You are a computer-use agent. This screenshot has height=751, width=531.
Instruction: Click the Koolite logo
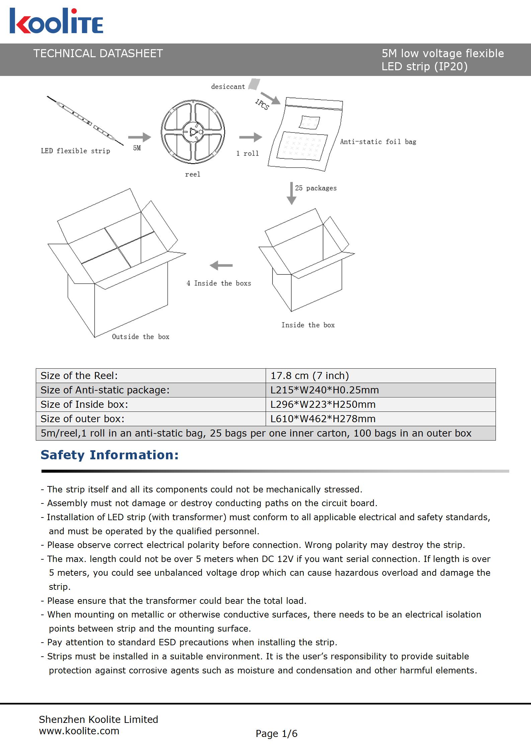[56, 21]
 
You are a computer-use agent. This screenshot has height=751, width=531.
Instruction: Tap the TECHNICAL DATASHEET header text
[98, 54]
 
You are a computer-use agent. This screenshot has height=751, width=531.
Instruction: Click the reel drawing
[193, 132]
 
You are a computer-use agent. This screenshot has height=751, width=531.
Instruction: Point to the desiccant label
[228, 87]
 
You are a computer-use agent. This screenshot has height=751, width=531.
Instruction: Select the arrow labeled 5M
[139, 137]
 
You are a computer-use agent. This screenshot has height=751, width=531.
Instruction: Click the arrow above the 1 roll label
[251, 137]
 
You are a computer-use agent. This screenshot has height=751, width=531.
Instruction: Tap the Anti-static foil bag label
[378, 142]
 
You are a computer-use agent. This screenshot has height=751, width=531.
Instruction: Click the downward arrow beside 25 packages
[291, 193]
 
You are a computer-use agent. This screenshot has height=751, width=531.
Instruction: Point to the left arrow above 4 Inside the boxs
[221, 266]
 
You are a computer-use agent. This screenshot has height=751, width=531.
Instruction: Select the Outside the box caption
[141, 337]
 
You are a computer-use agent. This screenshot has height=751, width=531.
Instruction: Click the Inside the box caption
[308, 325]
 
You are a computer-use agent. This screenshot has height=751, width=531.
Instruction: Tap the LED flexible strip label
[75, 151]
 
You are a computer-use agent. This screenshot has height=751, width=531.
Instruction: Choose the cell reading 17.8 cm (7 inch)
[380, 376]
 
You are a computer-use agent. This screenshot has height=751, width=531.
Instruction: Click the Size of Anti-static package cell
[151, 390]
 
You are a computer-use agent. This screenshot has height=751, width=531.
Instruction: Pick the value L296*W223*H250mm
[323, 404]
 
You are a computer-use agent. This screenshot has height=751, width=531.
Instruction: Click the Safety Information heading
[109, 455]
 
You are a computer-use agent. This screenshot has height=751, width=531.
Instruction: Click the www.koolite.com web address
[79, 731]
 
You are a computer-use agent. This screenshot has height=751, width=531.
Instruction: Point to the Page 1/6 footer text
[276, 734]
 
